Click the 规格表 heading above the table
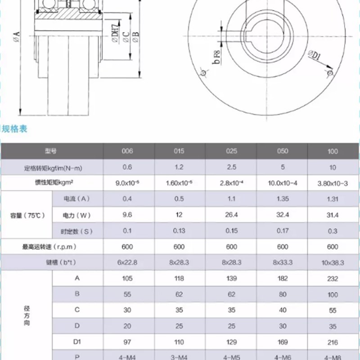pyautogui.click(x=15, y=130)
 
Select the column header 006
pyautogui.click(x=127, y=151)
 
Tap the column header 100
pyautogui.click(x=333, y=151)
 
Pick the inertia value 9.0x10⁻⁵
pyautogui.click(x=127, y=183)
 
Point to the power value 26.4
pyautogui.click(x=231, y=215)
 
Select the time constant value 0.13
pyautogui.click(x=179, y=231)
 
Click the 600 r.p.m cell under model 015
pyautogui.click(x=179, y=247)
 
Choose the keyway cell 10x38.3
pyautogui.click(x=333, y=262)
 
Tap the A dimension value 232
pyautogui.click(x=333, y=279)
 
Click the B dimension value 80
pyautogui.click(x=283, y=294)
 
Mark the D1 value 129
pyautogui.click(x=231, y=342)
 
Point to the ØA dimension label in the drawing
pyautogui.click(x=17, y=37)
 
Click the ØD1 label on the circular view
pyautogui.click(x=314, y=56)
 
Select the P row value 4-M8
pyautogui.click(x=333, y=356)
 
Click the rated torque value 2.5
pyautogui.click(x=231, y=167)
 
